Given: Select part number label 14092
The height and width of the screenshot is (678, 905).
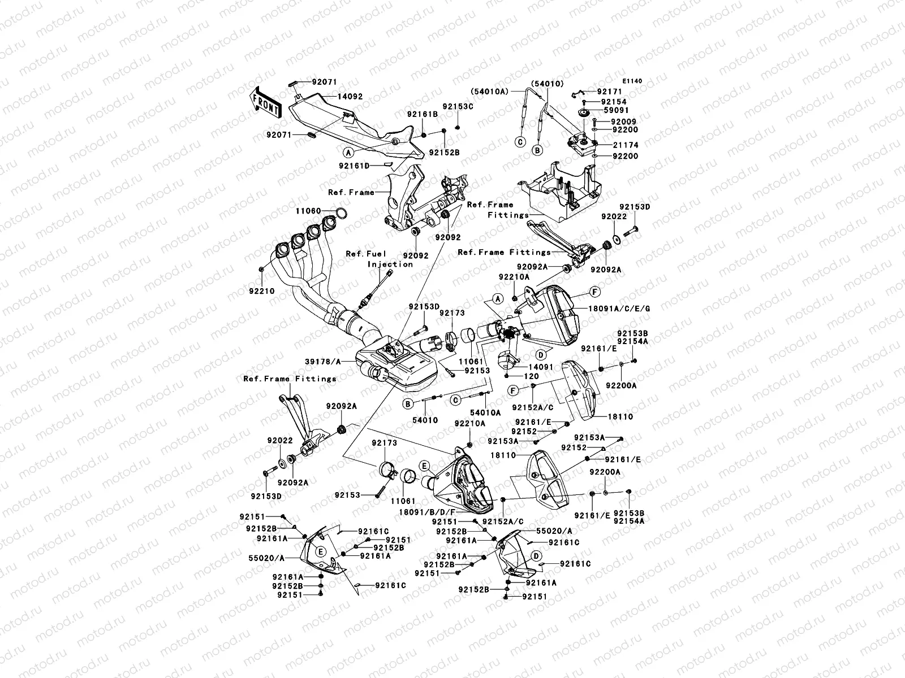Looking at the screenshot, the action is tap(350, 96).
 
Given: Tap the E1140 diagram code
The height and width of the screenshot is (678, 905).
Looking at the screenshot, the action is tap(632, 81).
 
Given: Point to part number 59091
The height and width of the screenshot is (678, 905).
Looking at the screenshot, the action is tap(616, 110).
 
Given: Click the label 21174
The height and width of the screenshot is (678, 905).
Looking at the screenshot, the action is tap(626, 145).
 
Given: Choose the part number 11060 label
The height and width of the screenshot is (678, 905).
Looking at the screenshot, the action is tap(308, 211).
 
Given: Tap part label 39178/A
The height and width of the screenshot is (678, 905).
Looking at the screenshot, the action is tap(323, 362).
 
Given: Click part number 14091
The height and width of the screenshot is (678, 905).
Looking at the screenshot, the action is tap(541, 367).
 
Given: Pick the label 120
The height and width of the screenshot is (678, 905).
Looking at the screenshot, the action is tap(532, 376).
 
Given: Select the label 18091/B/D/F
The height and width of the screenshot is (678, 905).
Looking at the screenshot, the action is tap(427, 512).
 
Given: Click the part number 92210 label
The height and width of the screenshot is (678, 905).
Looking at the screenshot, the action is tap(262, 291).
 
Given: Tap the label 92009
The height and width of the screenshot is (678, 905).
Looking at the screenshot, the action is tap(623, 122).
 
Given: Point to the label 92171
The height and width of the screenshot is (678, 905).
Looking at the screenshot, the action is tap(609, 92).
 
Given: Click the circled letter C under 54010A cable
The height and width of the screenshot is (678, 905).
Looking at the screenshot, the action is tap(521, 142).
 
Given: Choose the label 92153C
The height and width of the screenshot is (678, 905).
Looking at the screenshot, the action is tap(458, 107).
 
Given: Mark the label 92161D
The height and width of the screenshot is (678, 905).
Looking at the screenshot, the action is tap(355, 166).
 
